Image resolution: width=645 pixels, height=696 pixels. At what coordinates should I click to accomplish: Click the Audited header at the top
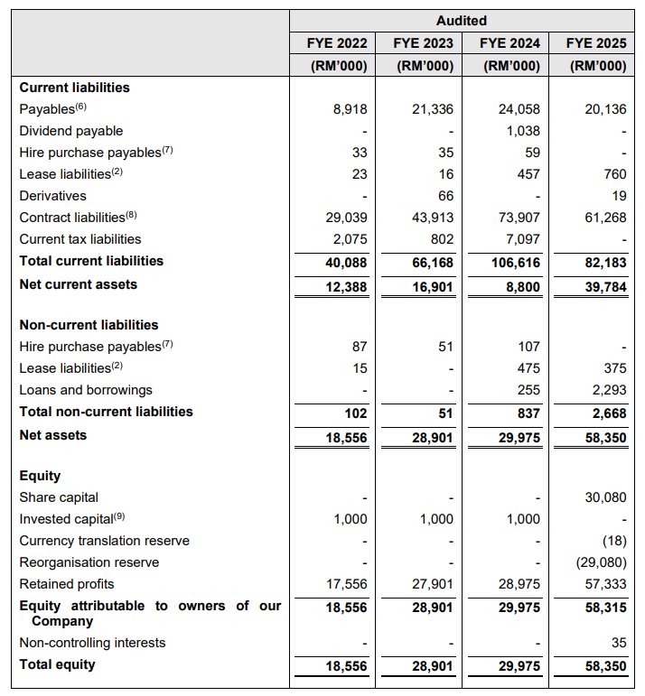point(461,20)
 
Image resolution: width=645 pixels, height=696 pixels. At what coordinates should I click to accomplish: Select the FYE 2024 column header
point(510,42)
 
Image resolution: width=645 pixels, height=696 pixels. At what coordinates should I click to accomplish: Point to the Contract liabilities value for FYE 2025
point(609,218)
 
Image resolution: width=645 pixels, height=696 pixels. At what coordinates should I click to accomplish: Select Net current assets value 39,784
point(605,284)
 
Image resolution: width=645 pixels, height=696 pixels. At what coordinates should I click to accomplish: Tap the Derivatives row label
point(52,196)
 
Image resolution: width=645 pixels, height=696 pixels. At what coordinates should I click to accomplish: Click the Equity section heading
point(40,476)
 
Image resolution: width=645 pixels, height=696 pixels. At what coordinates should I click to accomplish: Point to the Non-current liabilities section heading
point(89,325)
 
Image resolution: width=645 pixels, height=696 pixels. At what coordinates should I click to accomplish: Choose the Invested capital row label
point(65,519)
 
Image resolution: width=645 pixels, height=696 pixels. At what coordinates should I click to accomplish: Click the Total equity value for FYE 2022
point(347,665)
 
